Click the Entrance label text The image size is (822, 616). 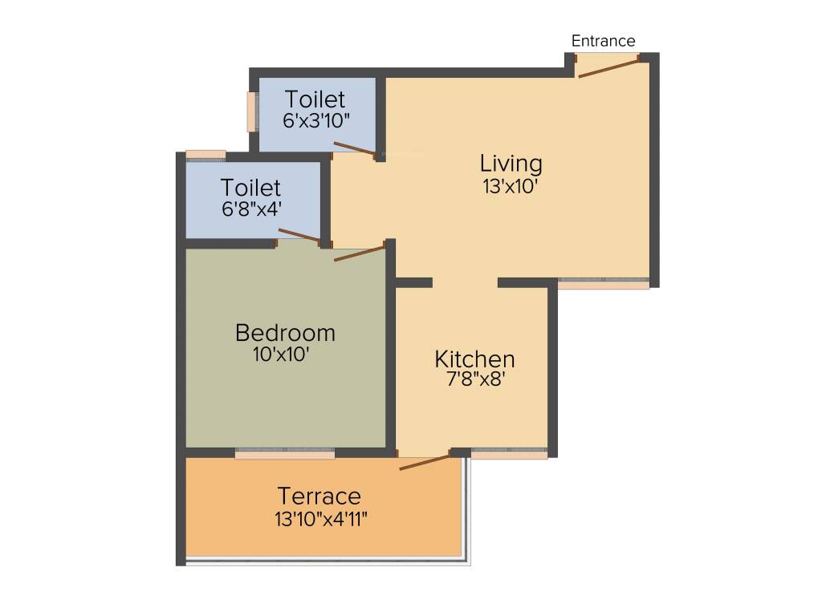coord(603,41)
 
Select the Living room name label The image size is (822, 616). coord(511,164)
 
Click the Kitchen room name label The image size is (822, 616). coord(474,359)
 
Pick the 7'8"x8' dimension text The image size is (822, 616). coord(474,379)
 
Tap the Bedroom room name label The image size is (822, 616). coord(285,332)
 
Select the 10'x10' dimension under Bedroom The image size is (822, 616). coord(281,354)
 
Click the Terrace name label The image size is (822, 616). coord(319,496)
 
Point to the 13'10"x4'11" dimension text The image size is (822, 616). coord(321,518)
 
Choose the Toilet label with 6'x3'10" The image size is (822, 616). coord(315,99)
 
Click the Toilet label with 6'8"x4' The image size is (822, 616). coord(250,188)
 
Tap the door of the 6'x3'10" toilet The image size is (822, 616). coord(354,148)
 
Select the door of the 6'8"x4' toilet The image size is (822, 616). coord(299,235)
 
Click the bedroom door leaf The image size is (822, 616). coord(360,253)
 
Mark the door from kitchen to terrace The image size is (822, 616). coord(425,462)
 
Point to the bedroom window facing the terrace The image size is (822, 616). coord(285,453)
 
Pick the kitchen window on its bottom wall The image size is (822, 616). coord(509,453)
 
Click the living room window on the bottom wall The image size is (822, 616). coord(604,283)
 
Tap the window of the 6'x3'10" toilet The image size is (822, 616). coord(252,112)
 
